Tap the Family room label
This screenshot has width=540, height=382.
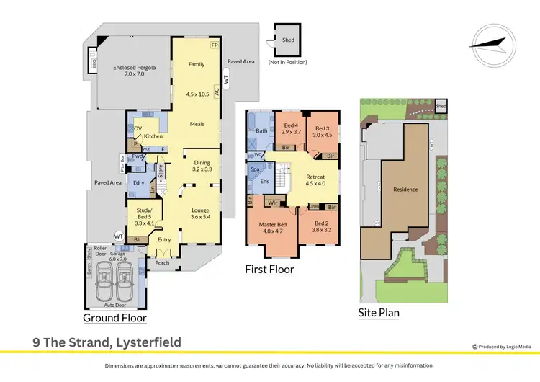pos(197,65)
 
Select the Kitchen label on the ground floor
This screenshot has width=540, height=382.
pos(153,136)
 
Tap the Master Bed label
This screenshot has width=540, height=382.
pos(272,229)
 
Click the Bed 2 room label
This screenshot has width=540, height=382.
pos(323,228)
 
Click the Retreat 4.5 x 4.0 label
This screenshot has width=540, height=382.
pos(316,179)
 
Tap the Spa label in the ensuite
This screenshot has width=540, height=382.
pos(255,171)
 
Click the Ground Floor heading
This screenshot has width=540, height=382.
pos(114,318)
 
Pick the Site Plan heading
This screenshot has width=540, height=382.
pos(379,312)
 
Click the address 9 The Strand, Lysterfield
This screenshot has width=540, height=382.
pos(106,342)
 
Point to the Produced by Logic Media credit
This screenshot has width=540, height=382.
pos(502,347)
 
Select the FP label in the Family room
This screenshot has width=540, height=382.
pos(214,45)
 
